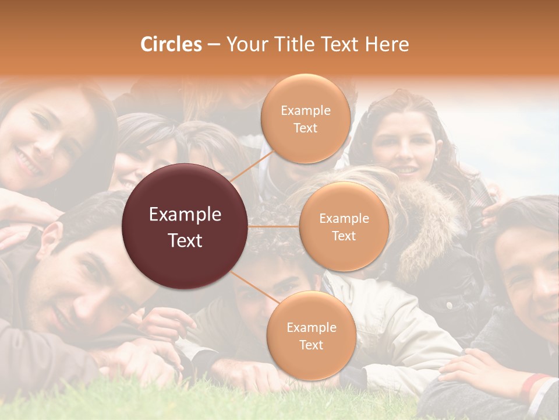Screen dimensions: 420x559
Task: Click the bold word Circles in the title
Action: tap(171, 44)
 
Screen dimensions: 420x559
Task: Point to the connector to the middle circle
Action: tap(274, 226)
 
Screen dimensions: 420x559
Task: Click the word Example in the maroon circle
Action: tap(185, 215)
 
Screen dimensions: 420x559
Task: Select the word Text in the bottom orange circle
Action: tap(311, 345)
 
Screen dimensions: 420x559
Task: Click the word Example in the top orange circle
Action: tap(305, 110)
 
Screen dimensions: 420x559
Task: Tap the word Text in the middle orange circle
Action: tap(344, 236)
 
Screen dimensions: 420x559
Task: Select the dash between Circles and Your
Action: tap(214, 45)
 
